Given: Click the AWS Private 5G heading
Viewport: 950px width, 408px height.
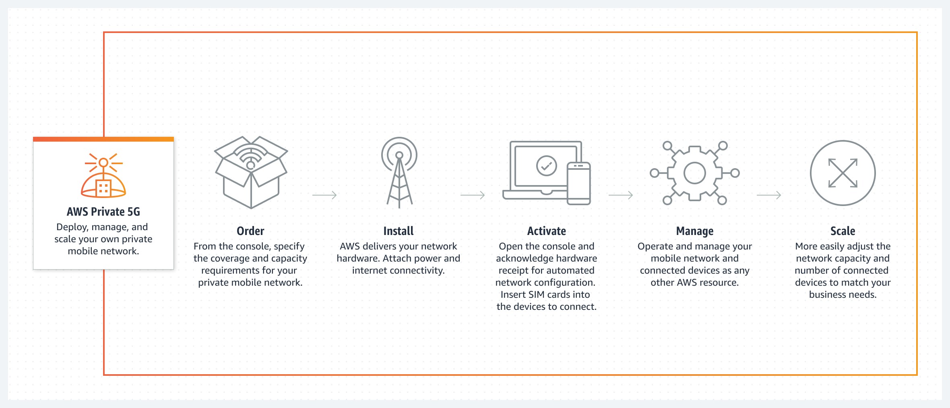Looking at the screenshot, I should [103, 212].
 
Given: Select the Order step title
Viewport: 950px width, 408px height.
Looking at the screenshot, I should [250, 231].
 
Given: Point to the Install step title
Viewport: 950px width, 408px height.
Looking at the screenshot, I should [399, 231].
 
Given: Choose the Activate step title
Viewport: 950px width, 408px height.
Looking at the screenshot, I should [547, 231].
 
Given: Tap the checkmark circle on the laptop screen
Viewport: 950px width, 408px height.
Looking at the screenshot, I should [546, 165].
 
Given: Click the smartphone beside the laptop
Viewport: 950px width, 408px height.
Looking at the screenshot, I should [578, 183].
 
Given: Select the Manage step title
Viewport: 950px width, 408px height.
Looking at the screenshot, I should [695, 231].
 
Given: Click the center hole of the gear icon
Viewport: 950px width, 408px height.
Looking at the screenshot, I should [695, 173].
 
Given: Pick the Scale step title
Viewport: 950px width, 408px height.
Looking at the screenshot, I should [843, 231].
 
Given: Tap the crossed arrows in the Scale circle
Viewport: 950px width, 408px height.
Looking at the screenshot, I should [843, 173].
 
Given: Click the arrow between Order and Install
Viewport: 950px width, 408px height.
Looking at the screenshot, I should [324, 195].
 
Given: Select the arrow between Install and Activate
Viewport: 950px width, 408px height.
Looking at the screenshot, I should [473, 195].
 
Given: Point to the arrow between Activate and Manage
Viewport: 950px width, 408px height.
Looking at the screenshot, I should [621, 195].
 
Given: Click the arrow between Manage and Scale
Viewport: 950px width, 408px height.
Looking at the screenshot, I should [769, 195].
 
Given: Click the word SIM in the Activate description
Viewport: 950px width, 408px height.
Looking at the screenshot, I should [535, 295].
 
